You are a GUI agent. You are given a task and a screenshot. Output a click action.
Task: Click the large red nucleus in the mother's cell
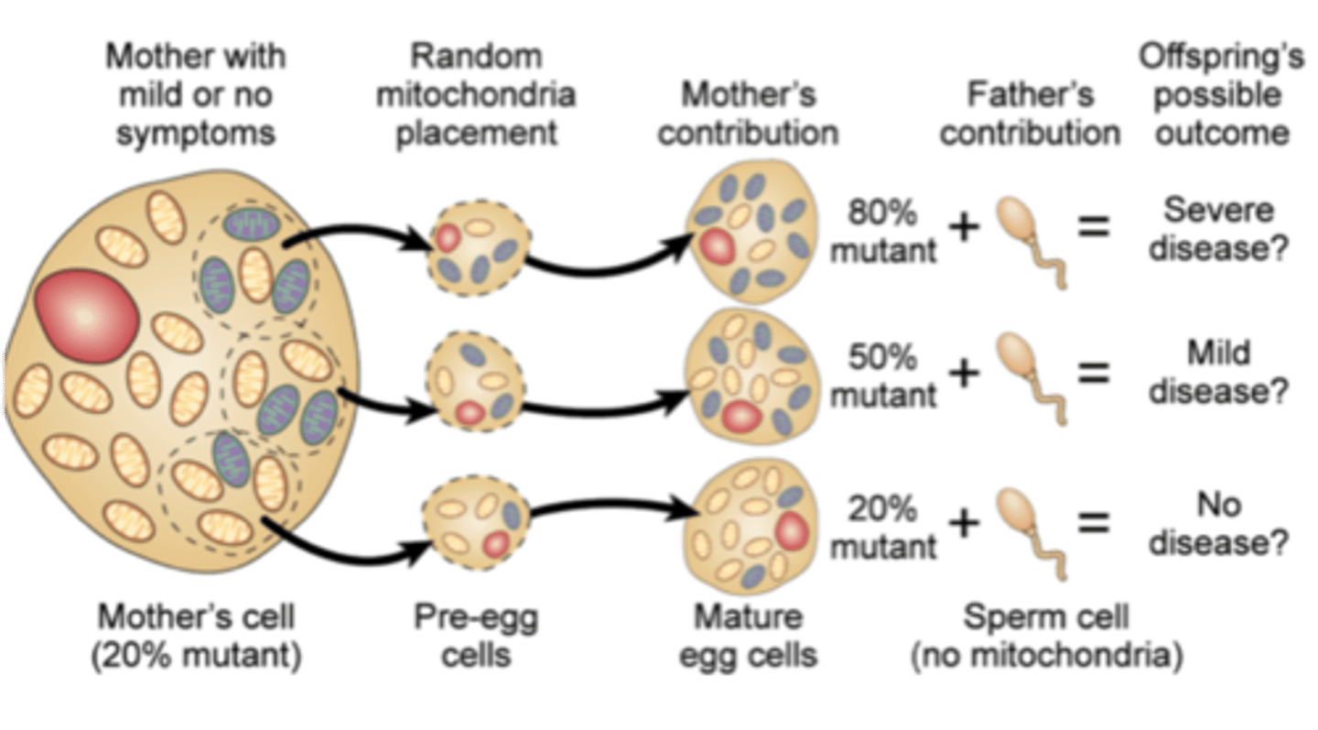coord(86,316)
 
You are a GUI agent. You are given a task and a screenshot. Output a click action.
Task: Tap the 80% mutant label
coord(883,232)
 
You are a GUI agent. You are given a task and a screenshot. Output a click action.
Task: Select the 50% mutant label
coord(883,376)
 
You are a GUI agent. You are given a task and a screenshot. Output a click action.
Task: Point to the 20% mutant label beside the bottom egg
coord(883,527)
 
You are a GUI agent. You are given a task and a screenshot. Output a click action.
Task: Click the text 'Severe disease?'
coord(1218,229)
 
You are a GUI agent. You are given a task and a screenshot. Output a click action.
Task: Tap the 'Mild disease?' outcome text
coord(1218,372)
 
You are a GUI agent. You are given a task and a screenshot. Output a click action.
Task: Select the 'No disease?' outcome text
coord(1218,524)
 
